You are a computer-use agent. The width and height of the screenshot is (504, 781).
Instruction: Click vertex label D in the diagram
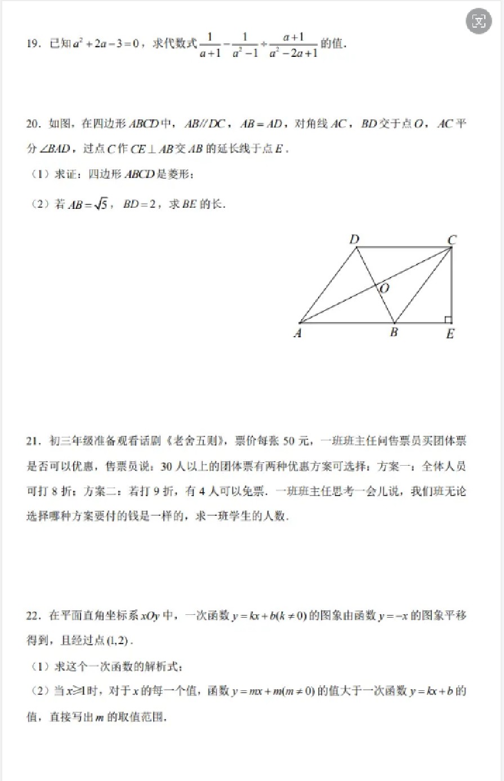point(354,239)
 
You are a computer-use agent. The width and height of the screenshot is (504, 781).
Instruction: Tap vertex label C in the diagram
point(452,240)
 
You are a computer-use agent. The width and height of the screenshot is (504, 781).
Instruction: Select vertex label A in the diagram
point(298,333)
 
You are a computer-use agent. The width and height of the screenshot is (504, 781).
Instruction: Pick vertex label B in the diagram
point(394,332)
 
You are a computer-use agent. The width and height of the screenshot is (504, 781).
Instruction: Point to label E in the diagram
point(450,334)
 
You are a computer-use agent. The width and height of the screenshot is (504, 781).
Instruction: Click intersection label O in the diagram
point(385,288)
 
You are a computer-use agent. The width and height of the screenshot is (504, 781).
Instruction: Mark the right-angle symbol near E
point(448,319)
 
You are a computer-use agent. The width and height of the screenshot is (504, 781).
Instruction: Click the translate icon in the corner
point(479,22)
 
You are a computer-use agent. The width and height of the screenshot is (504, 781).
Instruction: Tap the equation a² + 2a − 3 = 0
point(106,44)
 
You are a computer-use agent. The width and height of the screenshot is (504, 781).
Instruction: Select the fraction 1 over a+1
point(210,45)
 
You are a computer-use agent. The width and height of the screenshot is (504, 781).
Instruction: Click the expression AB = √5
point(88,205)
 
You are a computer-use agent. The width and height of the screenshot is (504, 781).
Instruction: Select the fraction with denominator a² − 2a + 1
point(293,45)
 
